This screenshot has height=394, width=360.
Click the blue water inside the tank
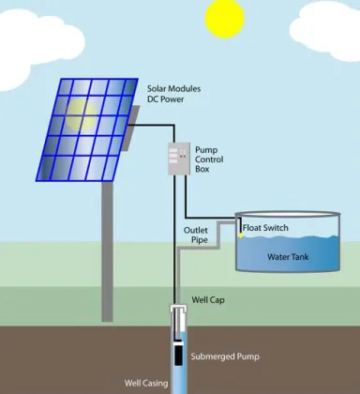[x=291, y=258]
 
